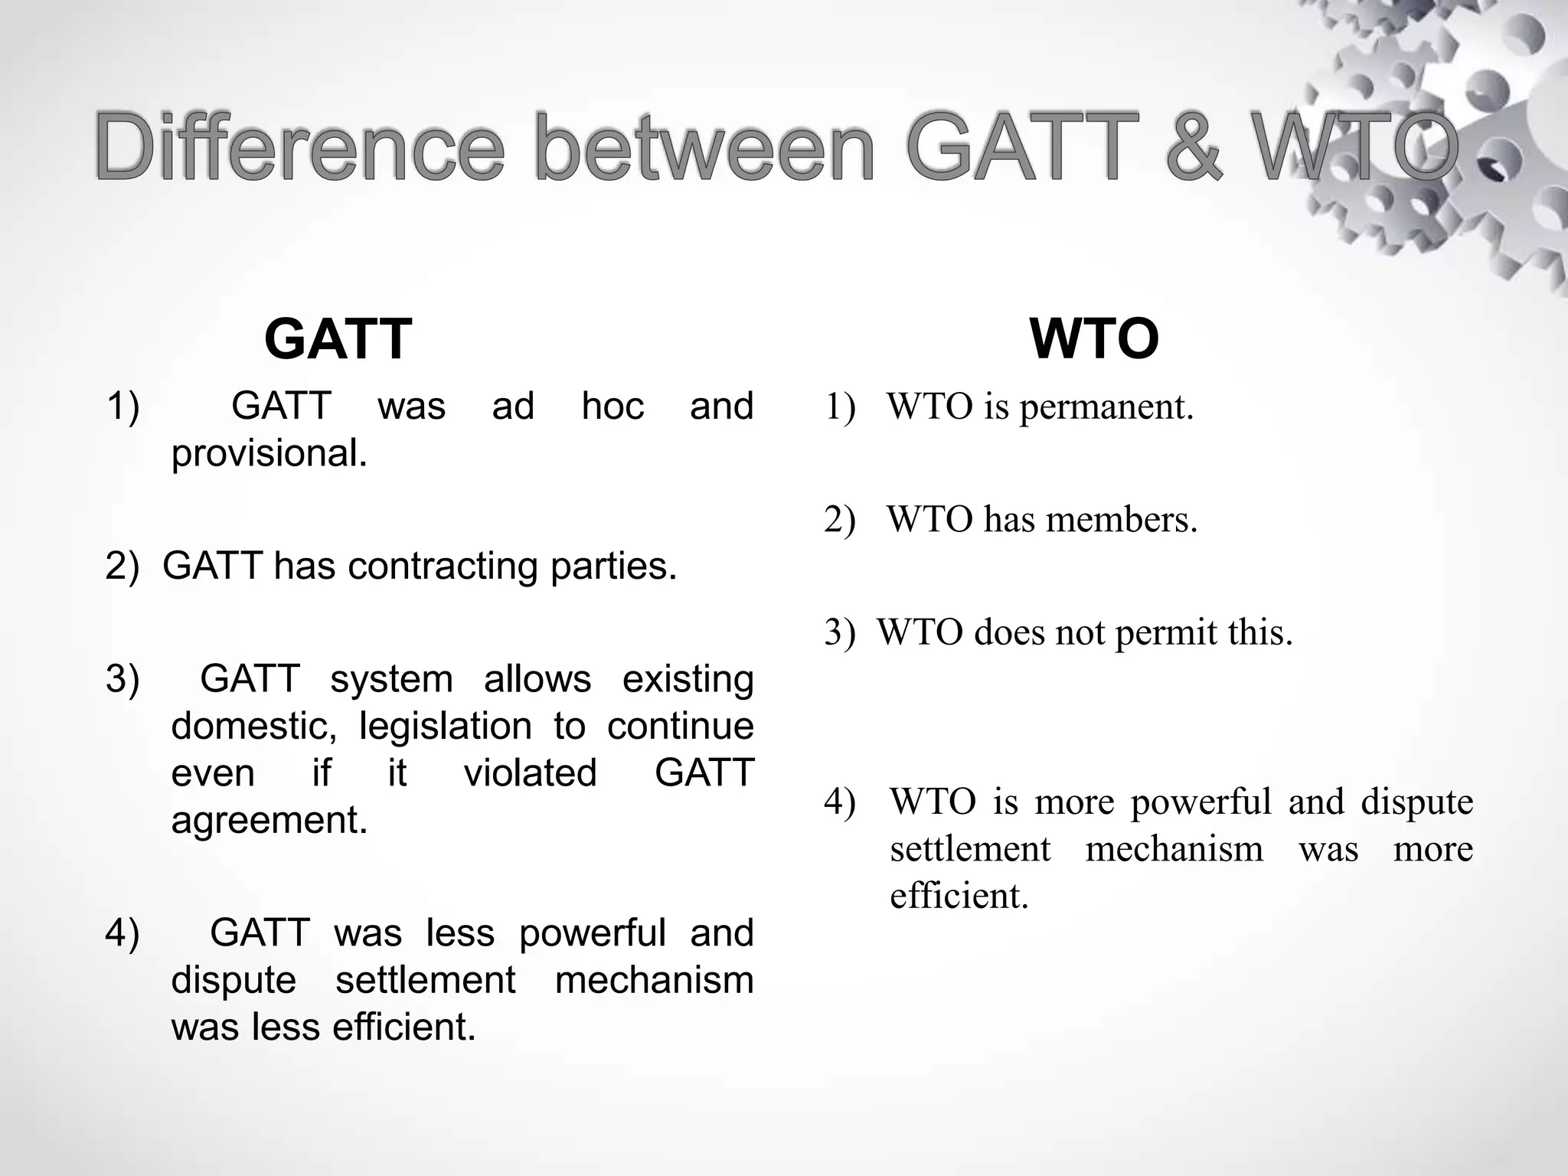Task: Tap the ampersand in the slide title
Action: [1193, 147]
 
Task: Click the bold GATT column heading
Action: [338, 339]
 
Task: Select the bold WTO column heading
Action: [1094, 339]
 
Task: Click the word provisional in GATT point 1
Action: [269, 453]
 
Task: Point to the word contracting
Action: [443, 567]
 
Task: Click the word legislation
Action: [445, 726]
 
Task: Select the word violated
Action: [530, 773]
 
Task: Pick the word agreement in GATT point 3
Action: [269, 820]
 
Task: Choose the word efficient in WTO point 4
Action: [959, 896]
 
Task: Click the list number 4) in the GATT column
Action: [122, 933]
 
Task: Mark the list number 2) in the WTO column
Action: [840, 520]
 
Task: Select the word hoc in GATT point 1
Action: [612, 406]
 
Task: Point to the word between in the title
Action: [704, 147]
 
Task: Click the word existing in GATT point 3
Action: [688, 679]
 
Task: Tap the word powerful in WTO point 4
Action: [1200, 802]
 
